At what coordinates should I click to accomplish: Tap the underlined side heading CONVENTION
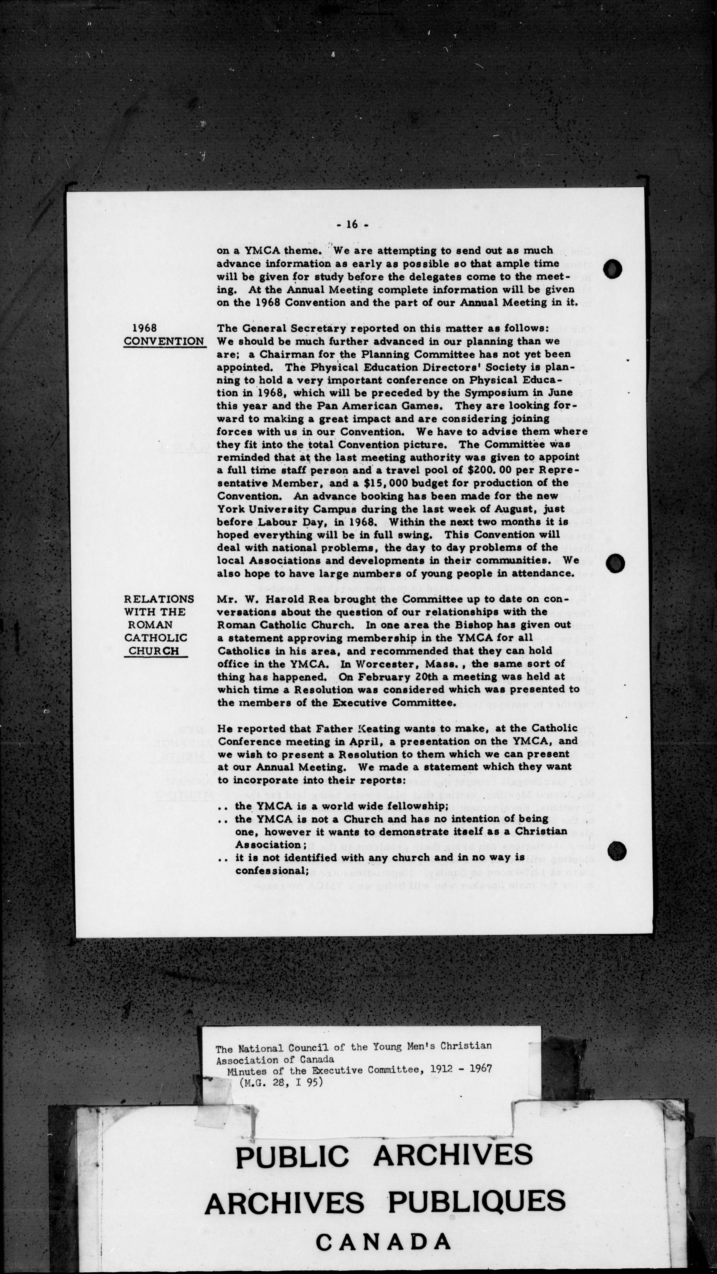tap(164, 341)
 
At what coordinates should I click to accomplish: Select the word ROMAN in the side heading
tap(151, 625)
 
